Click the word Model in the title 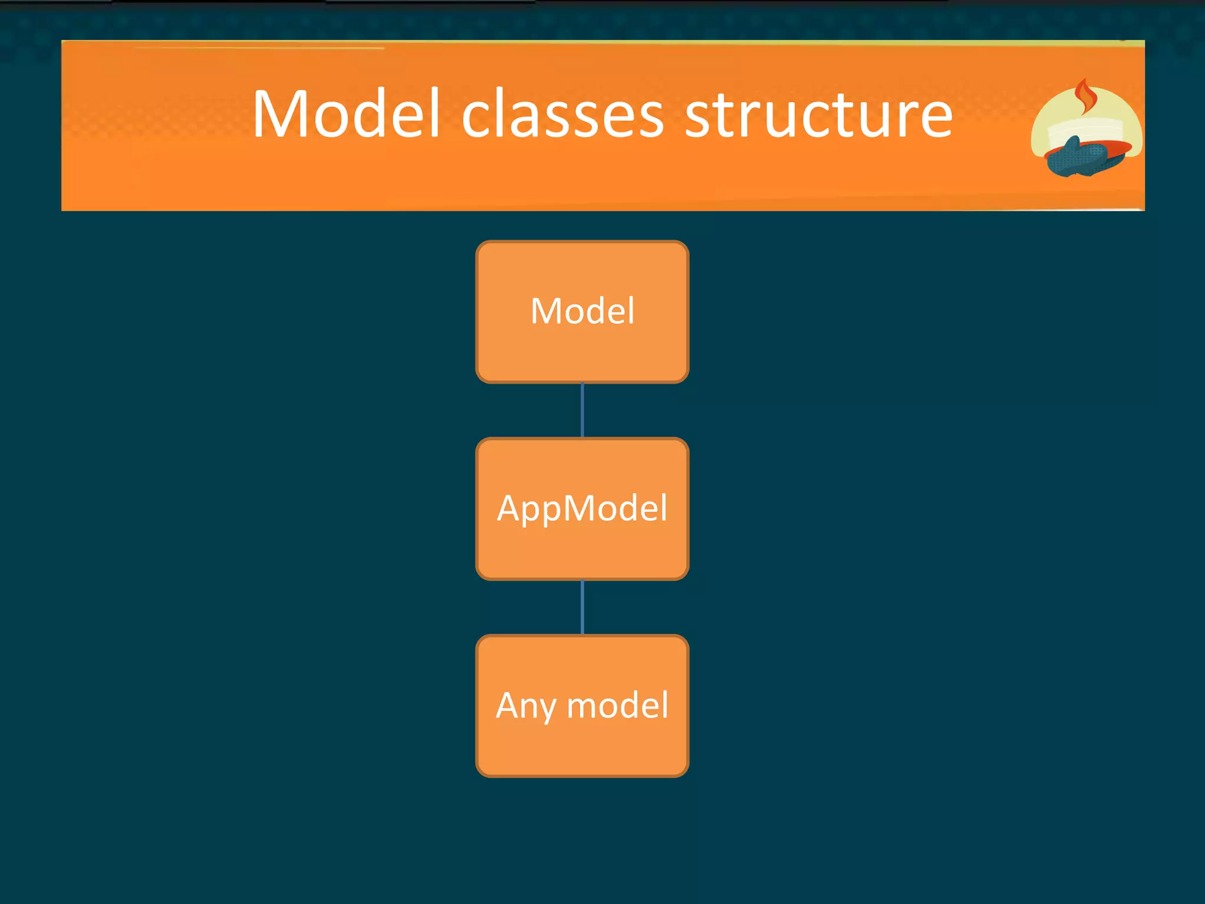(x=346, y=114)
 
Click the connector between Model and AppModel (x=582, y=410)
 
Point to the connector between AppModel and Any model (x=582, y=607)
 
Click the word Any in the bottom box (x=525, y=705)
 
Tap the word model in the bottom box (x=617, y=705)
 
